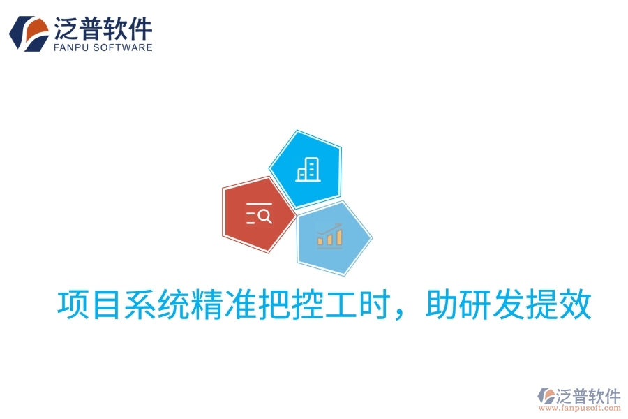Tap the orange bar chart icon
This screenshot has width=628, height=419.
point(330,236)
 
